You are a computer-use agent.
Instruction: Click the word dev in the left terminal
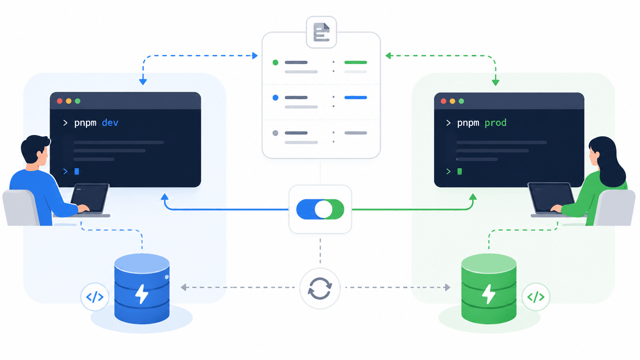tap(110, 123)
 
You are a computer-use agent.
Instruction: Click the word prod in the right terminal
tap(495, 123)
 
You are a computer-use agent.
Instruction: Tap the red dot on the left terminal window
tap(60, 101)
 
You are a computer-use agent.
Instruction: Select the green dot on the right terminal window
tap(461, 101)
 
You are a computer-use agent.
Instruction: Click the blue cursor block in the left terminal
tap(77, 171)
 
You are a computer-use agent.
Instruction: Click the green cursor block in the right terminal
tap(459, 171)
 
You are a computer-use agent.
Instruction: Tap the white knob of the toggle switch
tap(323, 209)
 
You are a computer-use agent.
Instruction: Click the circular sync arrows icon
tap(320, 288)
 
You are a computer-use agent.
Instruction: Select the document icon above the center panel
tap(322, 32)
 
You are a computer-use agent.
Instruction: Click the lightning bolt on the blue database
tap(142, 294)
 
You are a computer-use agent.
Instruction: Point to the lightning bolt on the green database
tap(488, 294)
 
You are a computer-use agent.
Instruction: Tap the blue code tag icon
tap(95, 297)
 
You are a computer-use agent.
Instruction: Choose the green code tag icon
tap(536, 297)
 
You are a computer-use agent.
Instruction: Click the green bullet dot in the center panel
tap(276, 62)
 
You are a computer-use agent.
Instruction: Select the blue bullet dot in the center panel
tap(276, 98)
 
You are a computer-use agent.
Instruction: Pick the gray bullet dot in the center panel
tap(276, 133)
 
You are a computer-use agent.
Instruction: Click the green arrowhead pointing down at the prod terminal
tap(496, 83)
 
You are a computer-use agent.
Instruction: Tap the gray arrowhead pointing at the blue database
tap(184, 287)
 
